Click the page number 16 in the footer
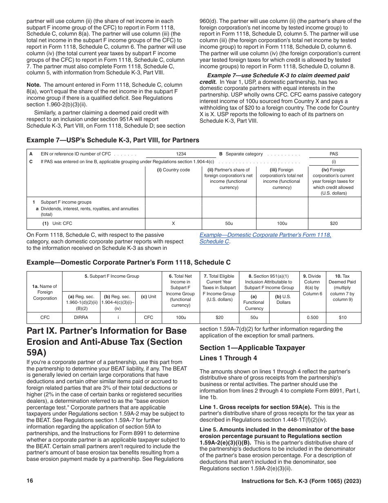[30, 481]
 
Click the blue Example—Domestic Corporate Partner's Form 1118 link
[265, 235]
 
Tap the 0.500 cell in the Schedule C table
[312, 318]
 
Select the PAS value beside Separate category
[333, 154]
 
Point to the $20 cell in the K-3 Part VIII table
[334, 224]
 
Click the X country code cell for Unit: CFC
[173, 224]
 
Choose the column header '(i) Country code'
[173, 170]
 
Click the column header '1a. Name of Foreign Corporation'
[45, 292]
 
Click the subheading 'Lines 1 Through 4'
[228, 358]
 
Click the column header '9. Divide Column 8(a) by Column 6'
[312, 285]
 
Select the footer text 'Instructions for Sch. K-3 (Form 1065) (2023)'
[301, 481]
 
